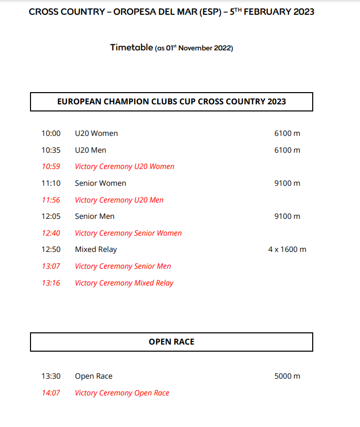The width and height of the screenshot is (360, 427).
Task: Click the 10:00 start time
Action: (x=51, y=133)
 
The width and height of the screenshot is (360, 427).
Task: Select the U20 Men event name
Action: (x=91, y=150)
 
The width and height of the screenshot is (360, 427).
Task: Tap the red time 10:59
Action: (x=51, y=166)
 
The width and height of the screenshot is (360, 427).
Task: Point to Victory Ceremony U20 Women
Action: (x=125, y=166)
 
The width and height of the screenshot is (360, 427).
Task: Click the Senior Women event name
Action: (x=100, y=183)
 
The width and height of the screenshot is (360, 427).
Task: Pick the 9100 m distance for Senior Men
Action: (x=287, y=216)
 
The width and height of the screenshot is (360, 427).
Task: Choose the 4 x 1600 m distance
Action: (x=287, y=249)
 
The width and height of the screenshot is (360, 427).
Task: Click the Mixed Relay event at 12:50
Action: (x=96, y=249)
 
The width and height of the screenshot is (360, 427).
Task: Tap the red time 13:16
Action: (x=51, y=283)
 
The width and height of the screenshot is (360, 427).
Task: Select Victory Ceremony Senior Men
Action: (x=123, y=266)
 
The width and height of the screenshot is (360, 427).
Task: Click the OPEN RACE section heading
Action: (x=171, y=341)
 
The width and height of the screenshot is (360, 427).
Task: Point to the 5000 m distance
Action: (x=287, y=376)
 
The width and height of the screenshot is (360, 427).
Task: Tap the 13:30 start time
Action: (x=51, y=376)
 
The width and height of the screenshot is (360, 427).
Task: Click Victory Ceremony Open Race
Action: (x=122, y=393)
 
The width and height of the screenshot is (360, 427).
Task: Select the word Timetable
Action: (x=131, y=47)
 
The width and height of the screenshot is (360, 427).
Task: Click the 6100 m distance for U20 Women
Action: (x=287, y=133)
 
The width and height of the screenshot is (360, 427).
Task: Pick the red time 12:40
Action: (x=51, y=233)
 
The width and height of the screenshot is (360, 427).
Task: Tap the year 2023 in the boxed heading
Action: (x=275, y=101)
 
